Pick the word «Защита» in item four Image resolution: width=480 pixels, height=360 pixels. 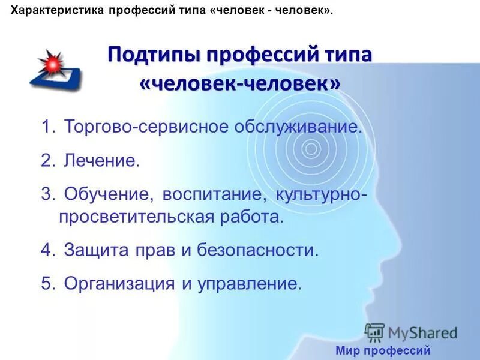(92, 250)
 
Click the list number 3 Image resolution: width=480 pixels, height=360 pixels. (47, 194)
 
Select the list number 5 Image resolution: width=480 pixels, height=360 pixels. (47, 283)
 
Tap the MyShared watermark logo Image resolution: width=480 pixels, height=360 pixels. (412, 332)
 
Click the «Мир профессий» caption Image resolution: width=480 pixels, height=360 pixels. (383, 350)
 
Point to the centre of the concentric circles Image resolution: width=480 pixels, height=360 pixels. (311, 147)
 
